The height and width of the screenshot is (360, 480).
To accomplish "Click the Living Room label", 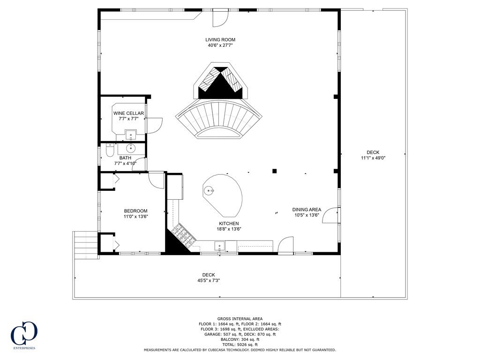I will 220,40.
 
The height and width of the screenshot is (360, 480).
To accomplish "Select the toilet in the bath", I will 110,150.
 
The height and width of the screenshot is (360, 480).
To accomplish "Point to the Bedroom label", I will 135,211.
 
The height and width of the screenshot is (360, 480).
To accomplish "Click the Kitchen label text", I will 228,224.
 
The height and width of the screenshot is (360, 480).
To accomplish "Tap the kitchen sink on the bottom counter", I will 219,246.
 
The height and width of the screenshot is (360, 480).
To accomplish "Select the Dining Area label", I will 307,210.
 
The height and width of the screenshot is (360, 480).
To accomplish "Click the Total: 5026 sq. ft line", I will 240,345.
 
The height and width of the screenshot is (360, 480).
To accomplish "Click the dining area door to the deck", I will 331,214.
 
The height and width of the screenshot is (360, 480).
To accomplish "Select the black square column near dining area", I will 275,171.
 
